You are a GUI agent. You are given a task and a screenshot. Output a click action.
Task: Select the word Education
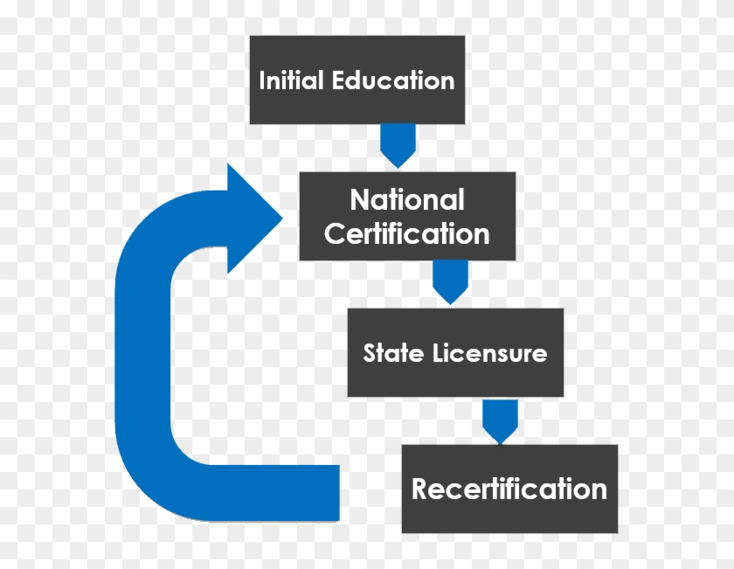pos(393,81)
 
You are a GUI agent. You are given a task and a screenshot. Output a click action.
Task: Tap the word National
pos(407,200)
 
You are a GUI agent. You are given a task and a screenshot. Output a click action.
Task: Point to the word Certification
pos(407,233)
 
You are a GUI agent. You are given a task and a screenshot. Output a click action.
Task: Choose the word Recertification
pos(509,489)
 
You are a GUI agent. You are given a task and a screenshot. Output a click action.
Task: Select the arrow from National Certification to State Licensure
pos(450,281)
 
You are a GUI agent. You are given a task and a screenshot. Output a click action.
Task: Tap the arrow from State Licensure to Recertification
pos(500,420)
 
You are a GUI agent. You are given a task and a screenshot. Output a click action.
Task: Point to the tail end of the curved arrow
pos(323,492)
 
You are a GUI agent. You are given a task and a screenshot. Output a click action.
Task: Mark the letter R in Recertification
pos(421,489)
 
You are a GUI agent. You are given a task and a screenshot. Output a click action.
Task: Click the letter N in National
pos(359,200)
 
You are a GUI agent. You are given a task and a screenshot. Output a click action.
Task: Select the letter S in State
pos(370,353)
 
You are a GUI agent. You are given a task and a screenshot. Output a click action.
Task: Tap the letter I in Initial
pos(262,81)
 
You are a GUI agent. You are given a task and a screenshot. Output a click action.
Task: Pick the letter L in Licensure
pos(438,353)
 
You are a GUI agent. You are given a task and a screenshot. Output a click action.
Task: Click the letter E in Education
pos(339,81)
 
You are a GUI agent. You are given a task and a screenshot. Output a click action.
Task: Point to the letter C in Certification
pos(335,233)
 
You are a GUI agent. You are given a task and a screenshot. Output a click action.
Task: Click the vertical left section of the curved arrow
pos(144,367)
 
